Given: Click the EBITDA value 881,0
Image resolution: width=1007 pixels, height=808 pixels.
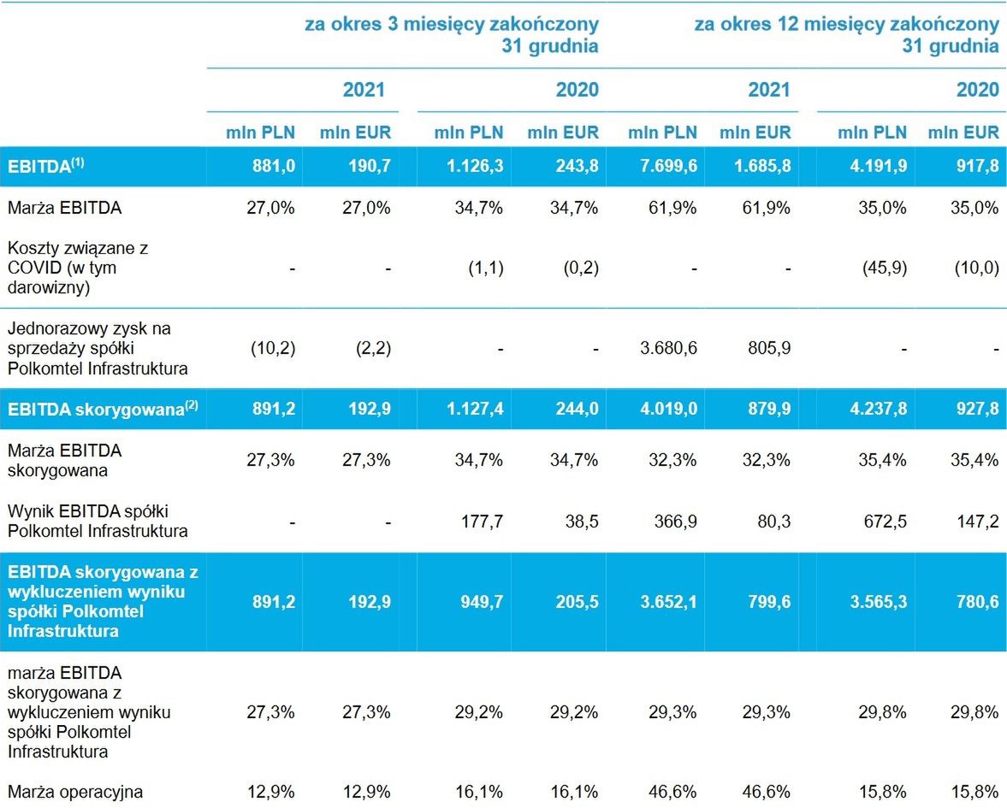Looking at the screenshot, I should [271, 166].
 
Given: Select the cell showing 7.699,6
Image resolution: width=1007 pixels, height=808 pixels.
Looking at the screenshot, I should [662, 166].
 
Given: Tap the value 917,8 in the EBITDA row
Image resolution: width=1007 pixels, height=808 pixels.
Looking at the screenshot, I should [979, 166].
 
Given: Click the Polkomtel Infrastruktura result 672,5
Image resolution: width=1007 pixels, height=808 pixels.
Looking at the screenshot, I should [880, 521].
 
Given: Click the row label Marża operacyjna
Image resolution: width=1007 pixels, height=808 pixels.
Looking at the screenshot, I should [75, 792].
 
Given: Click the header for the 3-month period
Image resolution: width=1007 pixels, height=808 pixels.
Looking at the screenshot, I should [452, 34].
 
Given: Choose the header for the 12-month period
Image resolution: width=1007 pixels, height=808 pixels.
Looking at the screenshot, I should [846, 34].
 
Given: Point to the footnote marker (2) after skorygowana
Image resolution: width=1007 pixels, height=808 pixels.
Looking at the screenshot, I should [191, 405].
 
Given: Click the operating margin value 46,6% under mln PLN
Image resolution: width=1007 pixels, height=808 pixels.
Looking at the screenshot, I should [672, 792].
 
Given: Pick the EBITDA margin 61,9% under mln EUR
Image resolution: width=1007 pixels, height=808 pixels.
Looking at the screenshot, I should [765, 207].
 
